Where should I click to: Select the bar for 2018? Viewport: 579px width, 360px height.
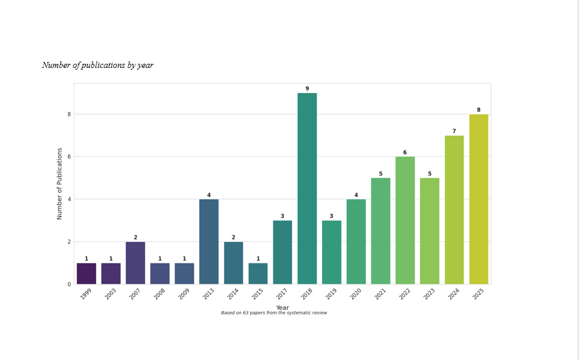pyautogui.click(x=307, y=188)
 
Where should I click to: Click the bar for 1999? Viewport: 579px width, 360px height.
pyautogui.click(x=87, y=273)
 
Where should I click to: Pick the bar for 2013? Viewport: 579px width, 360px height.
pyautogui.click(x=209, y=242)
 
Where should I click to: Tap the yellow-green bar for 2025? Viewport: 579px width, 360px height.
pyautogui.click(x=479, y=200)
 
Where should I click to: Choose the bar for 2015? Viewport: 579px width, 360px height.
pyautogui.click(x=258, y=273)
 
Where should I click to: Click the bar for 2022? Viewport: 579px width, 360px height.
pyautogui.click(x=405, y=221)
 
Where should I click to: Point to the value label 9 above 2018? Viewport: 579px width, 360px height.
pyautogui.click(x=307, y=88)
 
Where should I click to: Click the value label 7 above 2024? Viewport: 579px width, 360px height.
pyautogui.click(x=454, y=131)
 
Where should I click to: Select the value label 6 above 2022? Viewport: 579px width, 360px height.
pyautogui.click(x=405, y=153)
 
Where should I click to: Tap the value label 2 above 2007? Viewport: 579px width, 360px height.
pyautogui.click(x=135, y=238)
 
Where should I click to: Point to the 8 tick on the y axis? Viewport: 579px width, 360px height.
pyautogui.click(x=69, y=115)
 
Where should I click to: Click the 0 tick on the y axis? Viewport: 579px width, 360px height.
pyautogui.click(x=69, y=284)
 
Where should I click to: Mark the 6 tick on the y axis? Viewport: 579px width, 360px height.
pyautogui.click(x=69, y=156)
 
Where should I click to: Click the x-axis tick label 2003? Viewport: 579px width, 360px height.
pyautogui.click(x=110, y=294)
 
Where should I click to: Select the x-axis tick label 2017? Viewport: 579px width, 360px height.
pyautogui.click(x=282, y=294)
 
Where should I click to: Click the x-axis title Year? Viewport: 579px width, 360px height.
pyautogui.click(x=283, y=307)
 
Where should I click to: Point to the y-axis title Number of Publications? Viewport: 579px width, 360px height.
pyautogui.click(x=60, y=184)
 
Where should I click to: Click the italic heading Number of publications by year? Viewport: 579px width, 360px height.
pyautogui.click(x=98, y=66)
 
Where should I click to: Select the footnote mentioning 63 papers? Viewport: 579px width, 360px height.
pyautogui.click(x=274, y=313)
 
